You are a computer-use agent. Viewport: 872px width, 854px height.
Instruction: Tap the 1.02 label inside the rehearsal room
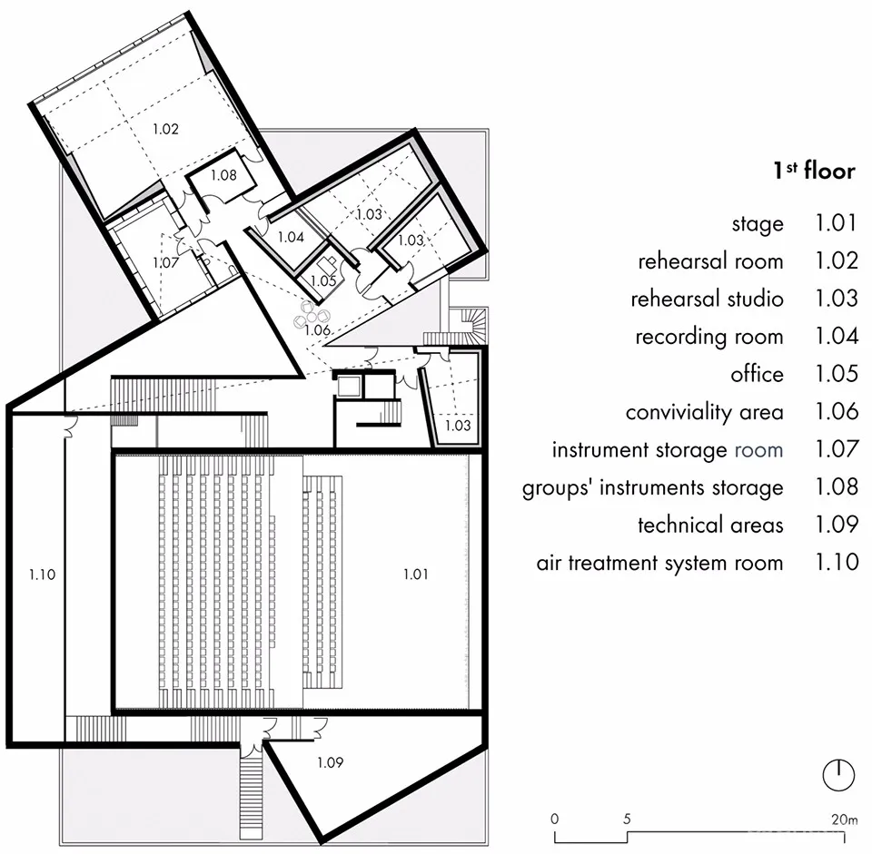coord(165,129)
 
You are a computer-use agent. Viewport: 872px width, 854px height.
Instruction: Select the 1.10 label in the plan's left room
coord(42,574)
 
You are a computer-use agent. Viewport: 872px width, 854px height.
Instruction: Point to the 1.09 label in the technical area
coord(330,763)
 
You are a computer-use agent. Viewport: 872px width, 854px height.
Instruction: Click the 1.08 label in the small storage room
coord(223,174)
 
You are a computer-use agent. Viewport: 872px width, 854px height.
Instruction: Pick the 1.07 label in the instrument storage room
coord(165,262)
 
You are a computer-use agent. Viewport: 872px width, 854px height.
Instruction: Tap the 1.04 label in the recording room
coord(290,237)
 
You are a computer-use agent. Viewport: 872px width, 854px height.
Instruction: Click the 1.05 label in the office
coord(323,281)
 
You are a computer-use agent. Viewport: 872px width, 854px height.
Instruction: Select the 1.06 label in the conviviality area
coord(316,330)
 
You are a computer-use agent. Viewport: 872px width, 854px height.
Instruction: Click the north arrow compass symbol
coord(838,774)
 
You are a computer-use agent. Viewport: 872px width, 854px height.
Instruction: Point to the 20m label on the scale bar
coord(844,820)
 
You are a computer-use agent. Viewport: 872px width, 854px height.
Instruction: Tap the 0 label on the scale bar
coord(555,820)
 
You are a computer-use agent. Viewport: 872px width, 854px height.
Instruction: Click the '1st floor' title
coord(814,170)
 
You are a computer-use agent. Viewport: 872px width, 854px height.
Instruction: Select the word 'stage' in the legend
coord(757,223)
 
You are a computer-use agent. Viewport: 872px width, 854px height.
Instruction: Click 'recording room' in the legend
coord(708,337)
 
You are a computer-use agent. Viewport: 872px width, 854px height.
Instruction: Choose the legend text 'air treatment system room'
coord(659,563)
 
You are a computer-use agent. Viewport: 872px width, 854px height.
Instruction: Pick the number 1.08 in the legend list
coord(836,487)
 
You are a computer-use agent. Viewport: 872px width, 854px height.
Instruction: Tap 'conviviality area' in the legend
coord(704,412)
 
